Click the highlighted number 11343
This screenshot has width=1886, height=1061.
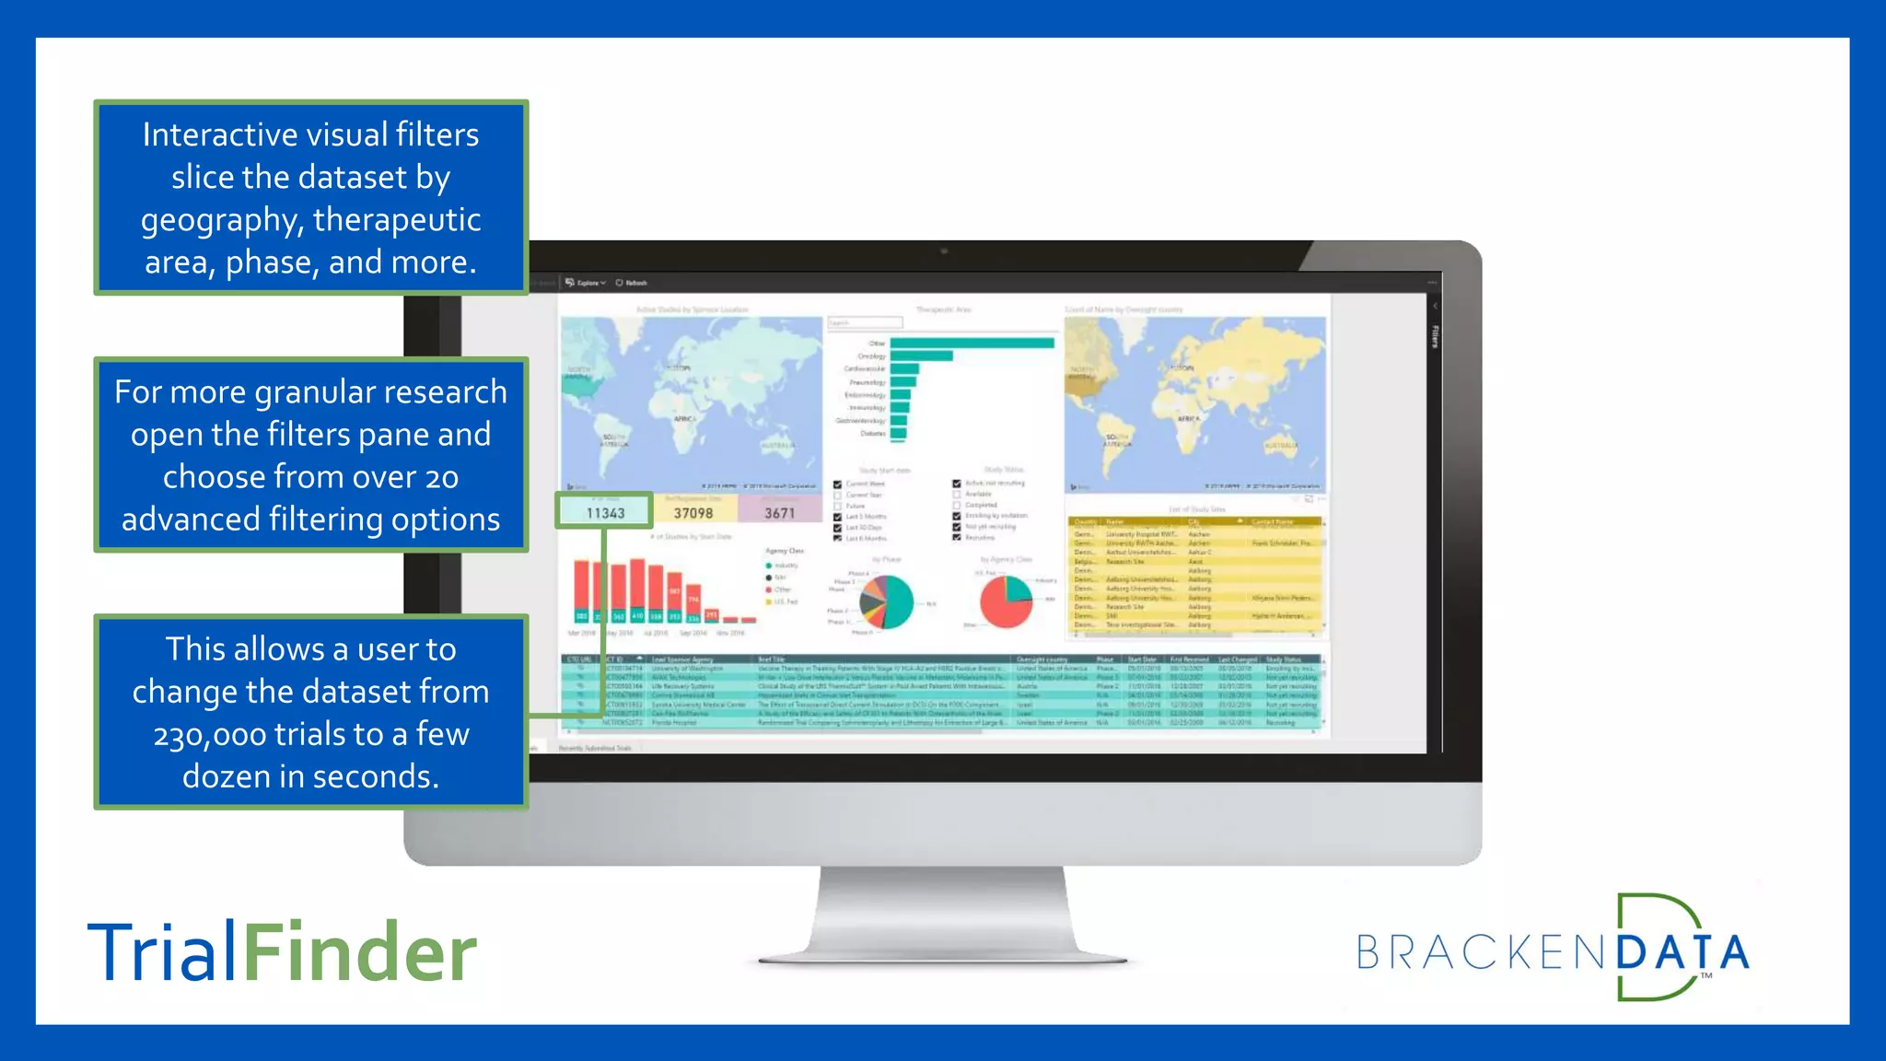[x=605, y=513]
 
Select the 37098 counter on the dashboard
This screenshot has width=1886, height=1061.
[x=693, y=513]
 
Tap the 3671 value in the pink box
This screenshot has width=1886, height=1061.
[x=779, y=513]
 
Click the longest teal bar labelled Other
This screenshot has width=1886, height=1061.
[x=972, y=344]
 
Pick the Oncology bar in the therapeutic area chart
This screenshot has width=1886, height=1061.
[x=921, y=356]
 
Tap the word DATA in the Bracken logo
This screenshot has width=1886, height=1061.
[x=1682, y=953]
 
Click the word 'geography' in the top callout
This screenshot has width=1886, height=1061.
[x=221, y=220]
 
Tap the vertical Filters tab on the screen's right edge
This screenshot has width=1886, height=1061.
[x=1434, y=336]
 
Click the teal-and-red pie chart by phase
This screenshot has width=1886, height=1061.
[x=886, y=602]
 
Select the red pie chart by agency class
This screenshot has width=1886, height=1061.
[x=1006, y=602]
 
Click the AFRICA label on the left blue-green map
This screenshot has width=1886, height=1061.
[x=684, y=419]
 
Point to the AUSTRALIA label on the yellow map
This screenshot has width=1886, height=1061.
[x=1280, y=445]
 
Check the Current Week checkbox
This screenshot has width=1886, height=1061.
[x=837, y=484]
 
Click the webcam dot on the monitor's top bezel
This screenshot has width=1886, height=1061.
[x=944, y=251]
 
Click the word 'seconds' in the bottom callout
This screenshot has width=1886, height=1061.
[x=386, y=777]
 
